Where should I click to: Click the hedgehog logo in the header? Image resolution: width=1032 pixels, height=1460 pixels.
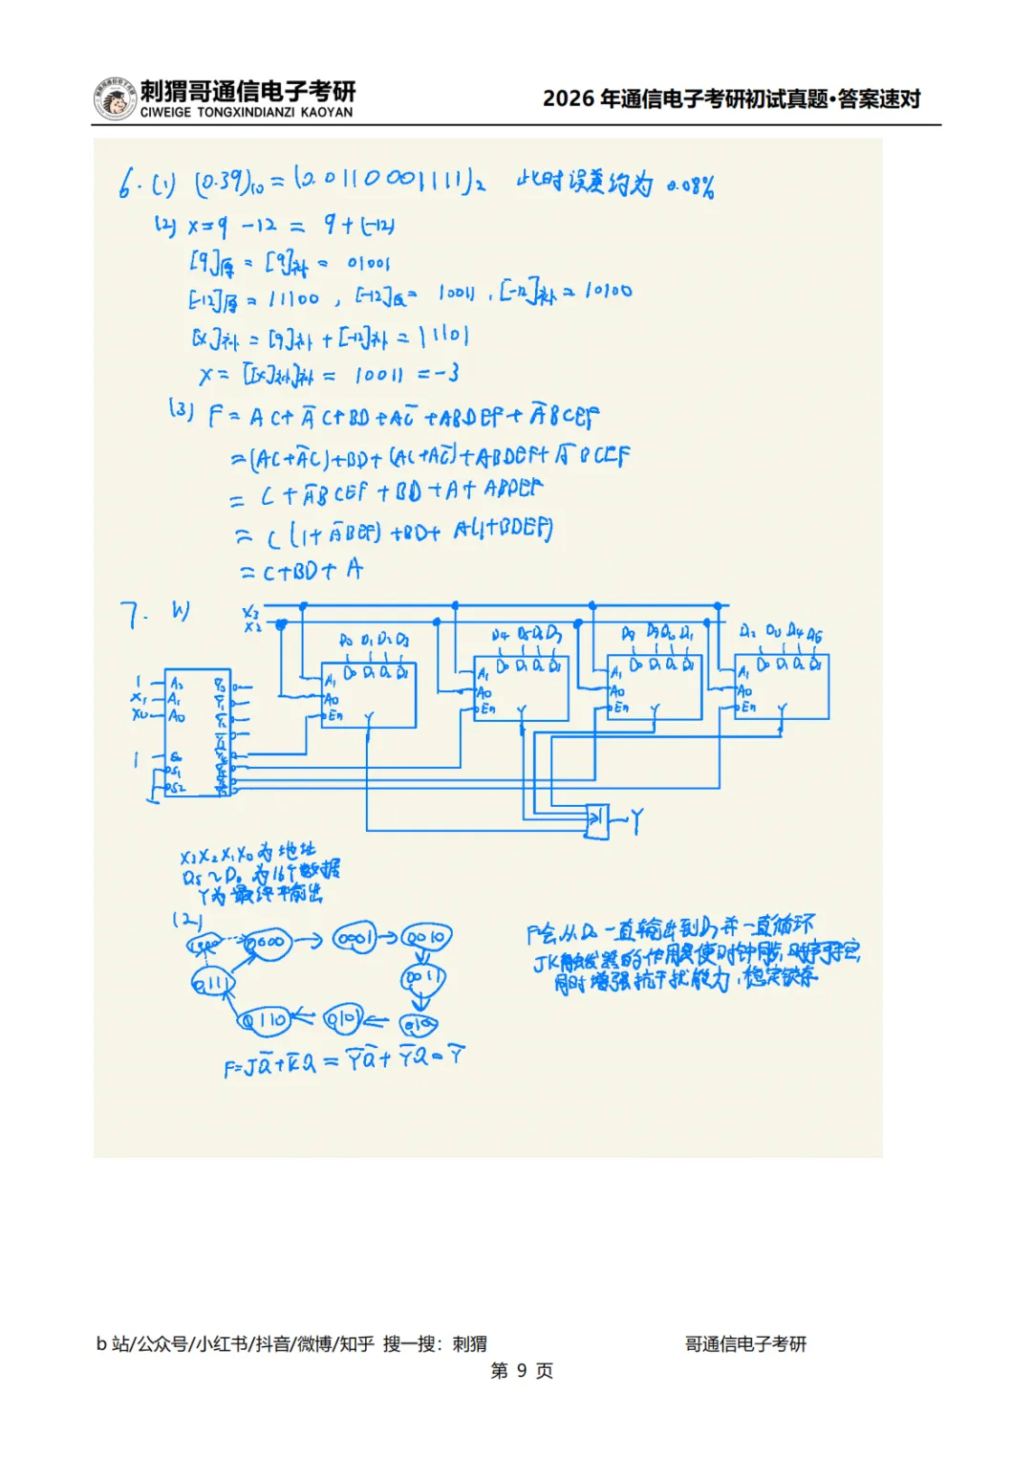[115, 99]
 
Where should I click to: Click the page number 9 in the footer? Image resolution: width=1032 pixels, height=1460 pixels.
[522, 1370]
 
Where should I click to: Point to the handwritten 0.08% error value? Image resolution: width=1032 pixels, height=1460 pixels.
[690, 186]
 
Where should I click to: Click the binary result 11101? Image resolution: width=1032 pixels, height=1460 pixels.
[443, 337]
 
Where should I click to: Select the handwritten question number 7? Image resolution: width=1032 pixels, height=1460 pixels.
[133, 616]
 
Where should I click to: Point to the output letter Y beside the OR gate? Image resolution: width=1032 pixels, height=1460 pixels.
[636, 820]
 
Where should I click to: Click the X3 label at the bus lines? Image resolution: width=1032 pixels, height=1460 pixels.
[250, 612]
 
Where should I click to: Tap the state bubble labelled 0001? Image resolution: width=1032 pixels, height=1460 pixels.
[355, 938]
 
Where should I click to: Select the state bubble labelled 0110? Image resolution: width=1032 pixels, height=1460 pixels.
[263, 1020]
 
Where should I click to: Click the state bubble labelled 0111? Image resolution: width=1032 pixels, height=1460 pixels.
[211, 982]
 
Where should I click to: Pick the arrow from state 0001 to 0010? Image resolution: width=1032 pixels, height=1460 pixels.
[390, 937]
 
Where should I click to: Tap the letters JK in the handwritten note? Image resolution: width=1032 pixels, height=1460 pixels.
[546, 962]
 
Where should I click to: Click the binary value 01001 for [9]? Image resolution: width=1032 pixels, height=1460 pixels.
[368, 262]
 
